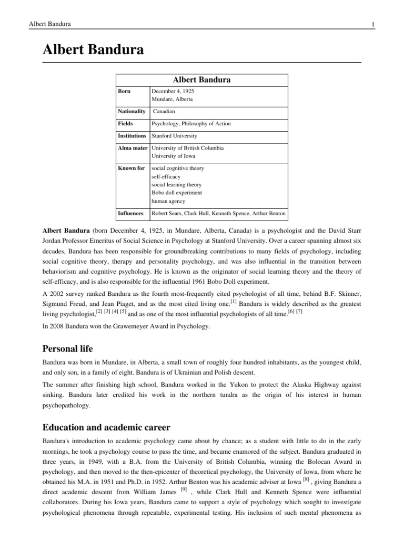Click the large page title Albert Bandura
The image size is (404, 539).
pos(93,51)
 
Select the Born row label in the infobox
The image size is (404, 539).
pos(125,91)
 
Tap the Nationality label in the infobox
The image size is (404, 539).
pos(132,112)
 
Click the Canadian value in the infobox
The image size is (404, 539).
pos(165,112)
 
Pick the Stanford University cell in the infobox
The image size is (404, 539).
pos(175,136)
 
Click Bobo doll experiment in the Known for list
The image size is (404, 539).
pos(177,193)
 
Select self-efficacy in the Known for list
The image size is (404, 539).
pos(166,176)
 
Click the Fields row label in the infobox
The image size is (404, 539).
pos(126,124)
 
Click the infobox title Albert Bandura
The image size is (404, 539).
pos(202,79)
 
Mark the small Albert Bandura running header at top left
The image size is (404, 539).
pos(46,24)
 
